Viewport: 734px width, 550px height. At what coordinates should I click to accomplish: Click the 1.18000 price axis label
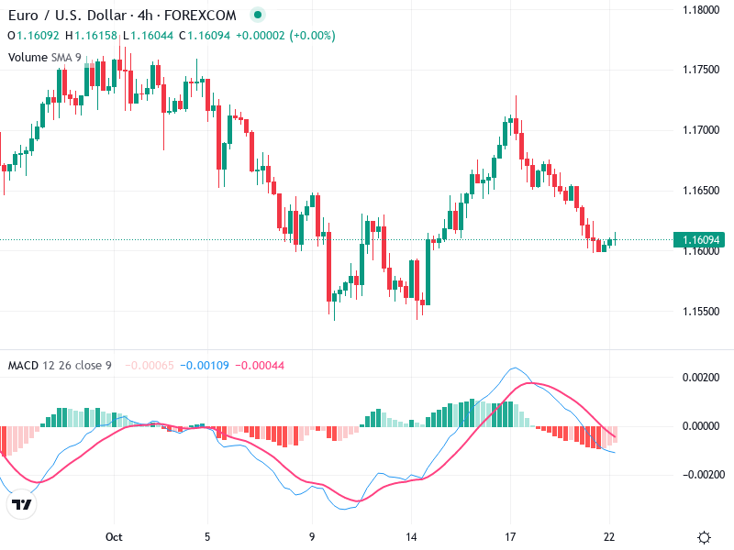[700, 10]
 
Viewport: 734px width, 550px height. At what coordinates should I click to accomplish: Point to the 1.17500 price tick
[700, 70]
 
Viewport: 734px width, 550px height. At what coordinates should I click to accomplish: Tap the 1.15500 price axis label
[700, 312]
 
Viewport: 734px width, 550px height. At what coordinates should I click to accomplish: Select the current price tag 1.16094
[700, 240]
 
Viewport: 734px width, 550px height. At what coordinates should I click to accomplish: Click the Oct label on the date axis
[114, 537]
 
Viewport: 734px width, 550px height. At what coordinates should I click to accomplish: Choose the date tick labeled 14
[411, 537]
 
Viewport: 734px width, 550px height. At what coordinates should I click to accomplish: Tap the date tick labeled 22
[609, 537]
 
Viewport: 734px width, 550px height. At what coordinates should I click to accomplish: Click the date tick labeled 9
[312, 537]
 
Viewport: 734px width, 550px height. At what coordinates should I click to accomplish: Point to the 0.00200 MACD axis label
[702, 378]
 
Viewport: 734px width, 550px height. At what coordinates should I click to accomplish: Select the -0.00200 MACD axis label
[700, 475]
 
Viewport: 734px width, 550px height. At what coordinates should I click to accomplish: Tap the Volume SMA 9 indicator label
[45, 57]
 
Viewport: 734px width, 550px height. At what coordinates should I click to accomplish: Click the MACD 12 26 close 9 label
[60, 366]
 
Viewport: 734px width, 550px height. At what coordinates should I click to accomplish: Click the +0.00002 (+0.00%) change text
[285, 36]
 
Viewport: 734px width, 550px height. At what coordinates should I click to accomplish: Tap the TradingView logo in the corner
[21, 504]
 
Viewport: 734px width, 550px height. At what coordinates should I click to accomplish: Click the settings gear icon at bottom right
[704, 537]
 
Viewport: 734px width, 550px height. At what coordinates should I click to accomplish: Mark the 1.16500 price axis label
[700, 191]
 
